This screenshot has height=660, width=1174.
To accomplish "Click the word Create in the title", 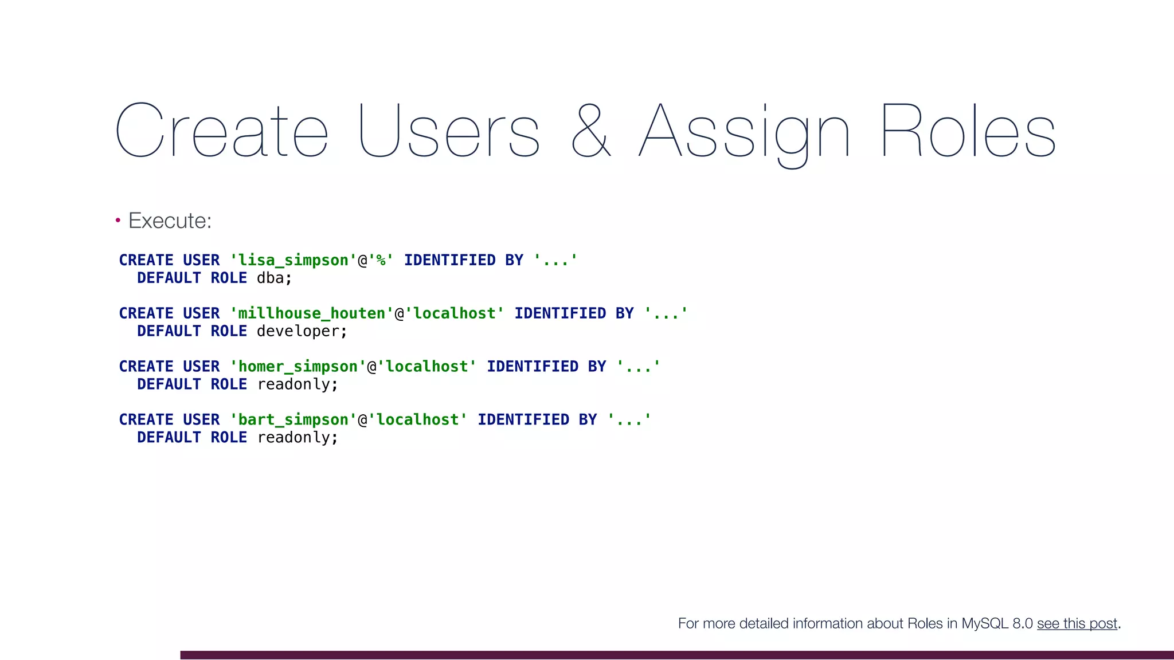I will coord(221,131).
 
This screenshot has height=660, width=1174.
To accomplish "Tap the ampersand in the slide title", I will coord(590,131).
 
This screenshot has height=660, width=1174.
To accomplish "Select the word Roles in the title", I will coord(968,131).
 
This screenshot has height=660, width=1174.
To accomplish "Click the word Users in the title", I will coord(449,131).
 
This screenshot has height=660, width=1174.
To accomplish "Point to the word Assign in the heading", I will coord(744,133).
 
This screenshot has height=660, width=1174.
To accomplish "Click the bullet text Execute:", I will coord(170,221).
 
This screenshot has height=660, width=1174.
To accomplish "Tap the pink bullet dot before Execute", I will coord(118,220).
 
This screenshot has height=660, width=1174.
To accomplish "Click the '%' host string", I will coord(381,260).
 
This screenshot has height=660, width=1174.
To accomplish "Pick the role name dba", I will coord(271,278).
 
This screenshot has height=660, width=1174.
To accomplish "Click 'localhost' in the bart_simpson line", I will coord(417,420).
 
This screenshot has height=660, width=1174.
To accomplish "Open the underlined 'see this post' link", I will coord(1077,623).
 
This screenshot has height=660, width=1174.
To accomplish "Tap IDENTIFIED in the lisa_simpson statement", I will coord(449,260).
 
